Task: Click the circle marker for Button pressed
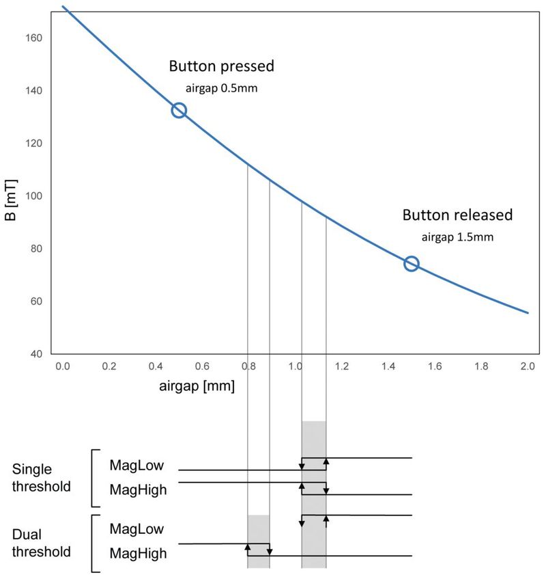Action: (179, 110)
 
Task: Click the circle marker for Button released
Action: (411, 264)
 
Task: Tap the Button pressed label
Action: (221, 67)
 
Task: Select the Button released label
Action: (457, 215)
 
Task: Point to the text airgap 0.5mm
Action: (222, 88)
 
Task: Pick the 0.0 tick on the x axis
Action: (62, 367)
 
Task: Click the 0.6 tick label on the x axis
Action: (202, 367)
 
